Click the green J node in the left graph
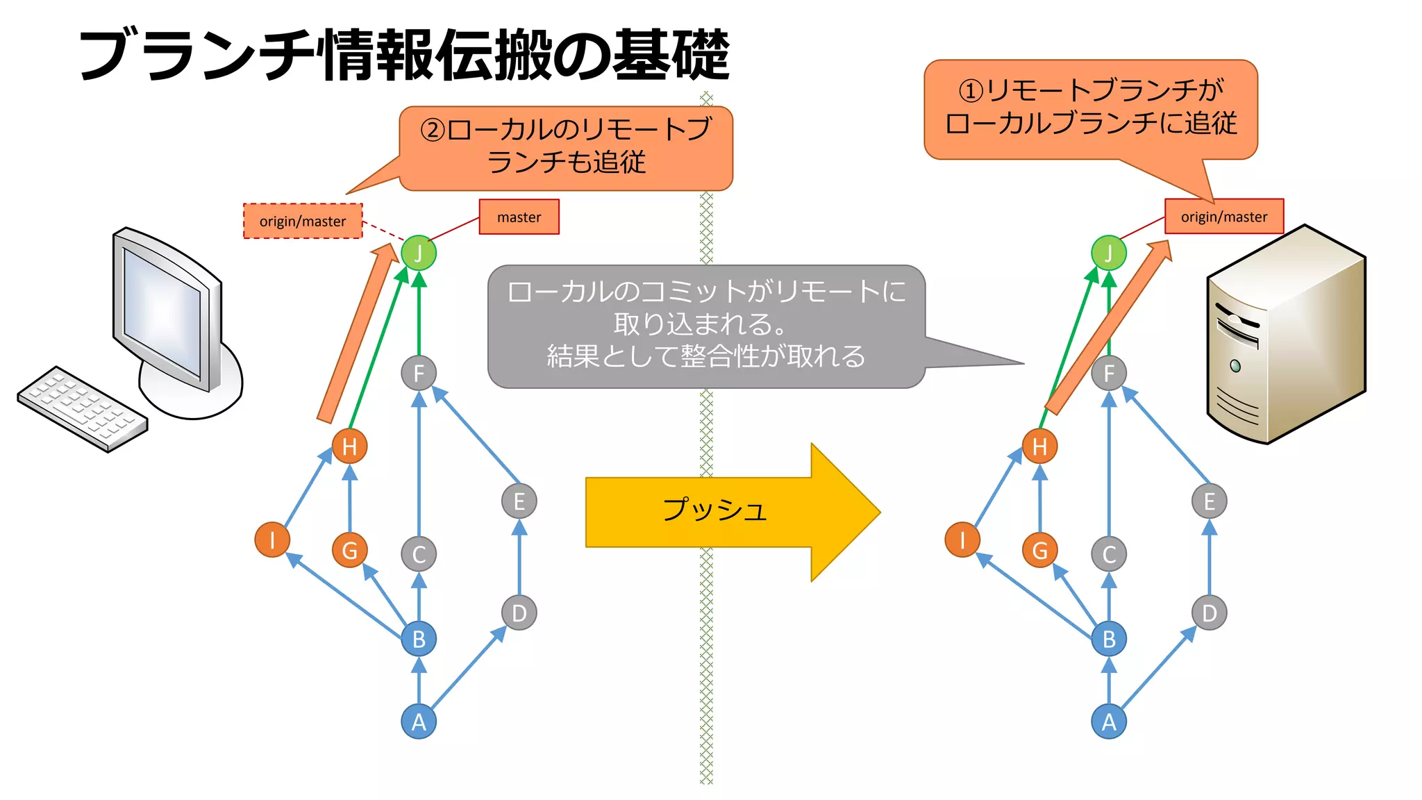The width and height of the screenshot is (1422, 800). (x=419, y=253)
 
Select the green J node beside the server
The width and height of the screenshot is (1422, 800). (x=1109, y=253)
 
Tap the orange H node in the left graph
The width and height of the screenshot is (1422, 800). (x=349, y=447)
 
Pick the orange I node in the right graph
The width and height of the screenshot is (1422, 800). (x=962, y=540)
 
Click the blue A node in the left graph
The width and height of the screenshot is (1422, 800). (x=419, y=722)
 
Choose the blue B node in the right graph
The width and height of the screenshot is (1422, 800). (x=1109, y=639)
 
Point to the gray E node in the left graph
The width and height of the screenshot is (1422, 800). (x=519, y=501)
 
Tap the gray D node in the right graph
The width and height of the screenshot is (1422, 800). (x=1210, y=613)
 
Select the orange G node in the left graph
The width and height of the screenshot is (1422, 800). (x=349, y=550)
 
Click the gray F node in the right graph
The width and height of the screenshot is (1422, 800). (x=1109, y=374)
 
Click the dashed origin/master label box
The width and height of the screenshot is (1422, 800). (x=303, y=221)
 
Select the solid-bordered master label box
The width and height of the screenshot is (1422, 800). (x=519, y=217)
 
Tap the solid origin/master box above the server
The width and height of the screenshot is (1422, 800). (x=1223, y=217)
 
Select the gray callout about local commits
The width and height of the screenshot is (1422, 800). (x=706, y=325)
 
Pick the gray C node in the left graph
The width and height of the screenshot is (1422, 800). (x=419, y=554)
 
